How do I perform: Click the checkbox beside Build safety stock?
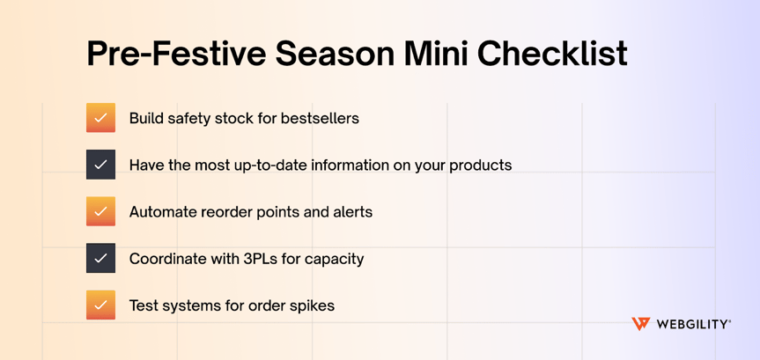pos(100,118)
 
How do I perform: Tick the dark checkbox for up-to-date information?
pos(100,165)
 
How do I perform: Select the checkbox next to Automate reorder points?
pos(100,211)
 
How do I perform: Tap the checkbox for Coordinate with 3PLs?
pos(100,258)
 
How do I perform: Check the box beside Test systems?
pos(100,305)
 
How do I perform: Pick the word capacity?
pos(336,259)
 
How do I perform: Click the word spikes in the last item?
pos(312,305)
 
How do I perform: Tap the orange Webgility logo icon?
pos(641,324)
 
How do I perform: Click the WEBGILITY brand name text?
pos(692,324)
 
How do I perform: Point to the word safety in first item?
pos(189,118)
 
